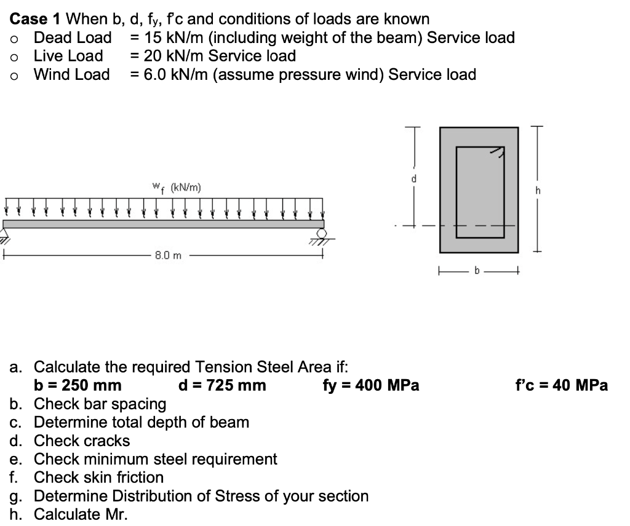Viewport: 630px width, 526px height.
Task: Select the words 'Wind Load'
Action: pyautogui.click(x=71, y=75)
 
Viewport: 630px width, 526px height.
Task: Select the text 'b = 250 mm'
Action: pyautogui.click(x=78, y=386)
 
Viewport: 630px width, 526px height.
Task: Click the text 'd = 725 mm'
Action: pyautogui.click(x=221, y=386)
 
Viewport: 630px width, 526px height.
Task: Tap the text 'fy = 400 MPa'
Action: pyautogui.click(x=370, y=386)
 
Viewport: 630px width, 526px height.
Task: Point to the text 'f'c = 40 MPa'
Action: pyautogui.click(x=560, y=386)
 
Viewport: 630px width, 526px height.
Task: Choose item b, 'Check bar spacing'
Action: pyautogui.click(x=100, y=404)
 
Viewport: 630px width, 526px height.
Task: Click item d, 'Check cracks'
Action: pyautogui.click(x=82, y=441)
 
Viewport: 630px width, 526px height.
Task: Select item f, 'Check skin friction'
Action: pyautogui.click(x=98, y=477)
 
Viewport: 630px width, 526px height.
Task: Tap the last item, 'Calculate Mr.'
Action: pyautogui.click(x=81, y=514)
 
